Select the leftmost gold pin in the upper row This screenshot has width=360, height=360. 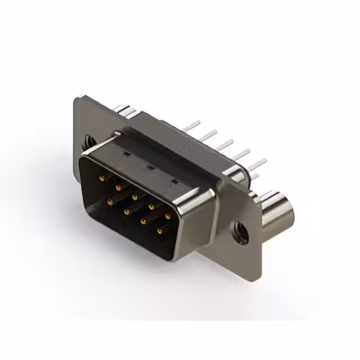102,178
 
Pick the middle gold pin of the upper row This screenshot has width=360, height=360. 135,197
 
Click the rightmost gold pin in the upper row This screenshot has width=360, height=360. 168,216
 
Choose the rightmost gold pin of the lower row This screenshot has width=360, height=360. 160,231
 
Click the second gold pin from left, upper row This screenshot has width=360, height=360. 118,188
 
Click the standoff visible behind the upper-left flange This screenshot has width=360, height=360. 124,110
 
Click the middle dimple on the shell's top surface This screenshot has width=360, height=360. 150,167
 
